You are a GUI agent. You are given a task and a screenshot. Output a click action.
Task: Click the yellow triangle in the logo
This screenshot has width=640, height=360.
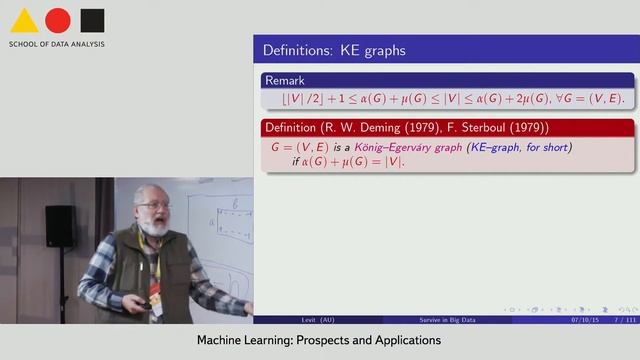click(x=24, y=21)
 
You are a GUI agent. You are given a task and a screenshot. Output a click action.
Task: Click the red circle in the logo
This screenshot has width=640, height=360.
click(x=58, y=20)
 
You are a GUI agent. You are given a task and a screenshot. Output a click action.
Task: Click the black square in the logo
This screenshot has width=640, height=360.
click(x=92, y=20)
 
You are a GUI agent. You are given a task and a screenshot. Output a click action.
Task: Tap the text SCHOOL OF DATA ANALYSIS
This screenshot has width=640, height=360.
click(x=57, y=44)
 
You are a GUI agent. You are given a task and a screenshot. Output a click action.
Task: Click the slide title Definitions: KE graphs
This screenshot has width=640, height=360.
click(x=334, y=49)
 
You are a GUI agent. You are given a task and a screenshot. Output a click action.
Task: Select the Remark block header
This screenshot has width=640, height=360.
click(x=284, y=80)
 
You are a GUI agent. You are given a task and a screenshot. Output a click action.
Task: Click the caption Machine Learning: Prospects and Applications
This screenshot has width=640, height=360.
click(x=318, y=341)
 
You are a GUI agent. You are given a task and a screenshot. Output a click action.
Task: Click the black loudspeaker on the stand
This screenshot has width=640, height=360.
click(x=58, y=225)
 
